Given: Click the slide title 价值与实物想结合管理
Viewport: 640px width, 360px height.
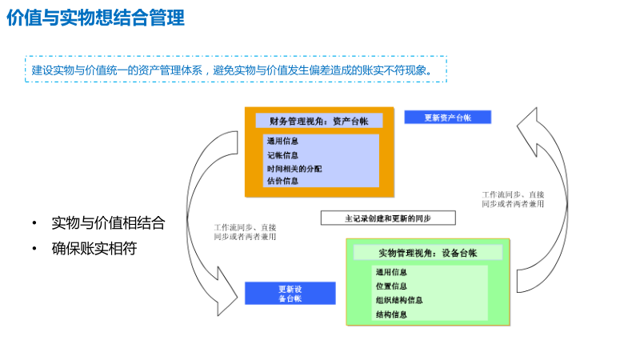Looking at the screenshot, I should click(95, 18).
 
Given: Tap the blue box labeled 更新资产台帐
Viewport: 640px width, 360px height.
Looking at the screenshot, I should click(447, 118).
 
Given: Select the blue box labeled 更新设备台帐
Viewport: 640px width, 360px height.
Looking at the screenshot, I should click(290, 294).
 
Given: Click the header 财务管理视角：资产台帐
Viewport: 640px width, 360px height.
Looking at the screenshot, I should click(319, 121).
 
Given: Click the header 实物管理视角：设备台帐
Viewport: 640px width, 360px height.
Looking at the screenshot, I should click(428, 253).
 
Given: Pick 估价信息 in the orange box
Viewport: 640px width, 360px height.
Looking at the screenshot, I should click(283, 182).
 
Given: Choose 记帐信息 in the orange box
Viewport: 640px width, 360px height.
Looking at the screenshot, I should click(283, 155).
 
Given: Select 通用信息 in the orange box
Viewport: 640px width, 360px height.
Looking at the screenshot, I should click(283, 142).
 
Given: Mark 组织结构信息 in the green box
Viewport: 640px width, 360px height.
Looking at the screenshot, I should click(399, 301).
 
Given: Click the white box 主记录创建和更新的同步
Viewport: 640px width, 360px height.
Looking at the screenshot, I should click(388, 218).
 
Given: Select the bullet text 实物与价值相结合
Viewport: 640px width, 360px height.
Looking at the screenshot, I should click(108, 223).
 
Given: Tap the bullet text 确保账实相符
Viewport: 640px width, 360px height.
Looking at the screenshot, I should click(94, 249).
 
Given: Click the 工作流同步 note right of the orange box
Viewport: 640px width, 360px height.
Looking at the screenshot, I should click(513, 199).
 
